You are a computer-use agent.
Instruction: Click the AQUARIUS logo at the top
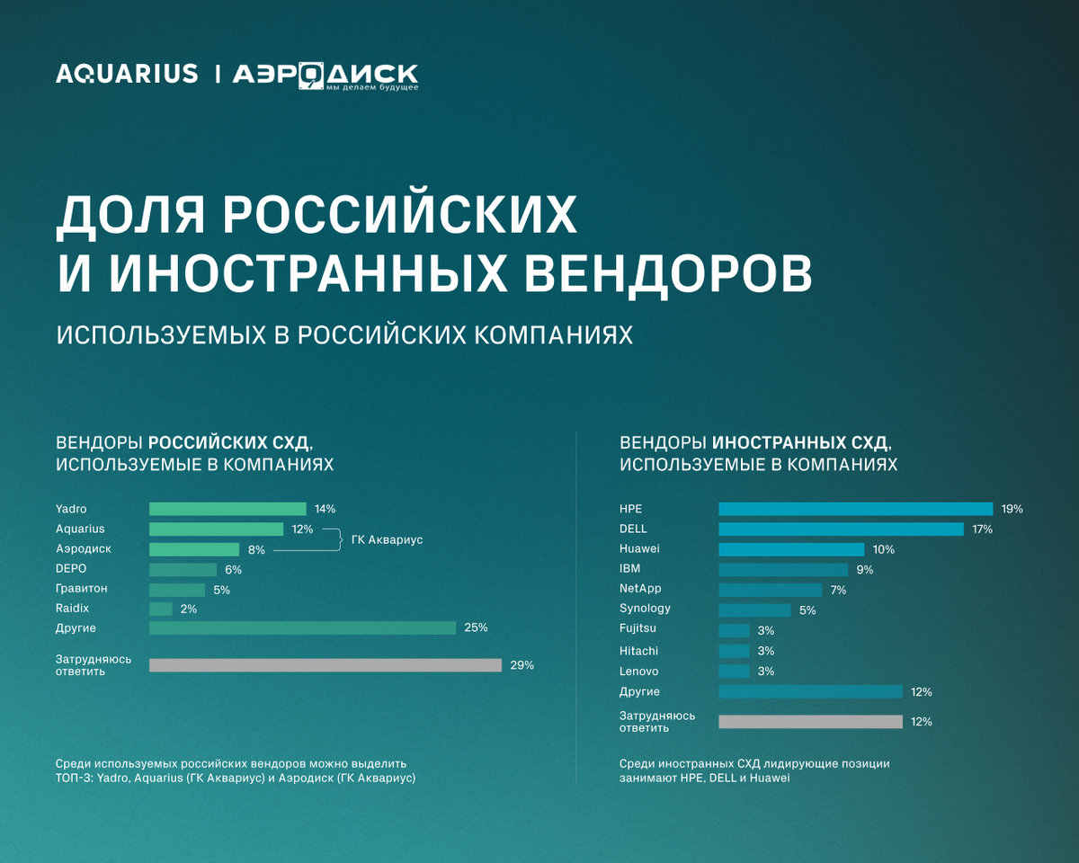click(x=127, y=74)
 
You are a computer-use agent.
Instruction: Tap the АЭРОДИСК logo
click(x=325, y=76)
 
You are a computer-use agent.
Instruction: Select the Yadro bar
click(x=227, y=509)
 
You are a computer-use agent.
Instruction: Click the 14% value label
click(x=324, y=509)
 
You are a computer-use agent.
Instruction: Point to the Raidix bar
click(x=160, y=609)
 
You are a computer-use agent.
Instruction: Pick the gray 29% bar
click(x=325, y=665)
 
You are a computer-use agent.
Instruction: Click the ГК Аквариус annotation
click(x=386, y=539)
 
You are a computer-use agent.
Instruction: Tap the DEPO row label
click(x=71, y=569)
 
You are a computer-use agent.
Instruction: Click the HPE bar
click(x=855, y=509)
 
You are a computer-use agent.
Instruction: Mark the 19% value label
click(x=1012, y=509)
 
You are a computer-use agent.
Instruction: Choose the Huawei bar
click(x=791, y=549)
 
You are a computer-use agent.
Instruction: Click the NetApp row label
click(x=640, y=589)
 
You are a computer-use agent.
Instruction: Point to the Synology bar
click(x=754, y=609)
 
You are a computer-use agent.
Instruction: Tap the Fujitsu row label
click(x=638, y=629)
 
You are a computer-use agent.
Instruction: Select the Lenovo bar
click(x=734, y=672)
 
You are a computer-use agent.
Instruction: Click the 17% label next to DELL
click(x=982, y=529)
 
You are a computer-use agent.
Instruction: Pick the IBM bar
click(x=783, y=569)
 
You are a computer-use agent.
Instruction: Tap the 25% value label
click(x=476, y=627)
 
